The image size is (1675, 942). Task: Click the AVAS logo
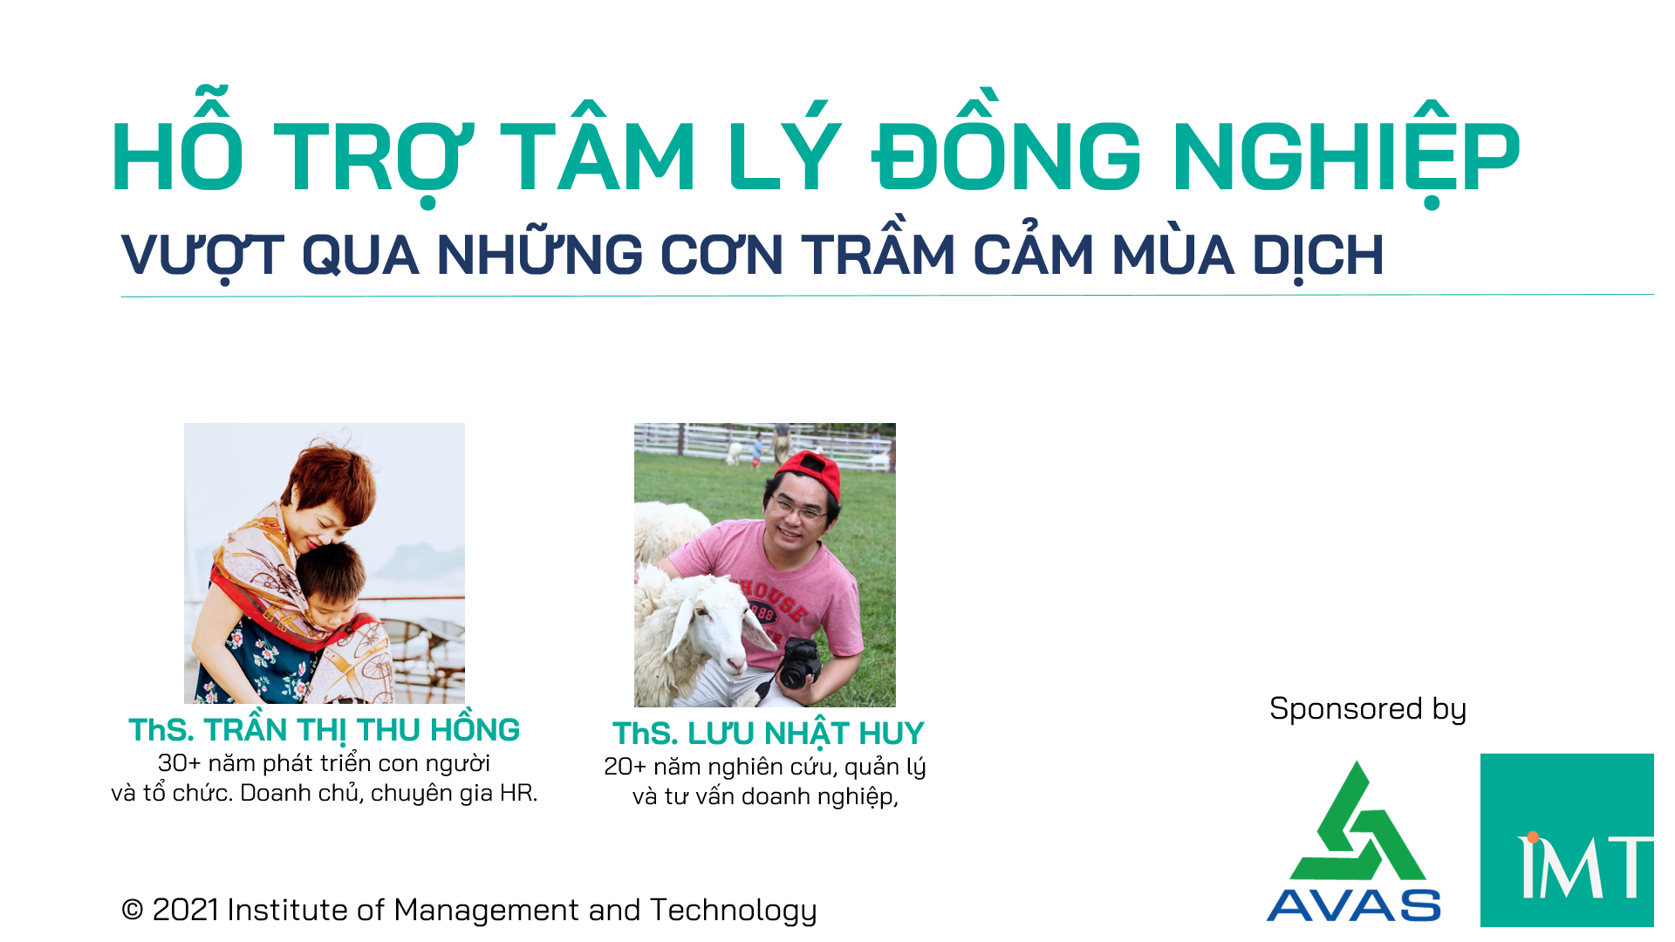(1354, 842)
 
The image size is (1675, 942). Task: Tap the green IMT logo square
(1567, 840)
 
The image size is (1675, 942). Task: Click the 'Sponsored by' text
(1368, 709)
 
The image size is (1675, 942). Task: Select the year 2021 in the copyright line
(185, 910)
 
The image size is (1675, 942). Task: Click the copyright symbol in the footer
(133, 911)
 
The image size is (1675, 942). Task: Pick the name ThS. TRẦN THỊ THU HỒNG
(325, 728)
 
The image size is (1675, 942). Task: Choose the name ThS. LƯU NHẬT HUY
(768, 734)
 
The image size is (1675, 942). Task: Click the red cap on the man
(810, 473)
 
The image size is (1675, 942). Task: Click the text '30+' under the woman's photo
(180, 763)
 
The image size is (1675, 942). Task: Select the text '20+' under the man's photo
(626, 767)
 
